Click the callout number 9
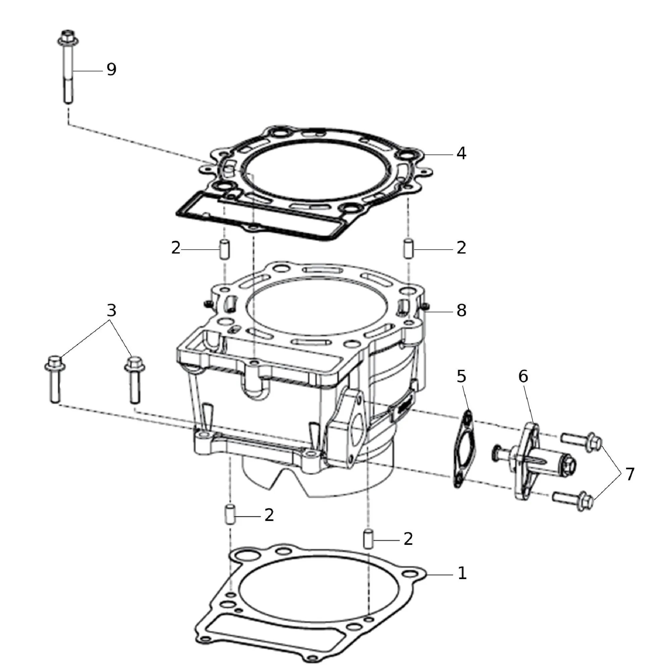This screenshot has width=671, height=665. click(111, 69)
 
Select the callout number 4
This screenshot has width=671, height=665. click(461, 153)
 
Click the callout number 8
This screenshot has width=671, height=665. click(461, 310)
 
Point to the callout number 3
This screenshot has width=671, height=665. click(111, 310)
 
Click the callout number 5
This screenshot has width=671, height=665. click(461, 376)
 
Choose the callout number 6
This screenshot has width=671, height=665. click(523, 376)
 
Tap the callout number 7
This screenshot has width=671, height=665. click(630, 474)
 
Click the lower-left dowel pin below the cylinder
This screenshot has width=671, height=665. click(229, 515)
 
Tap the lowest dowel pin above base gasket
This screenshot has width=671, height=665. click(368, 539)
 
